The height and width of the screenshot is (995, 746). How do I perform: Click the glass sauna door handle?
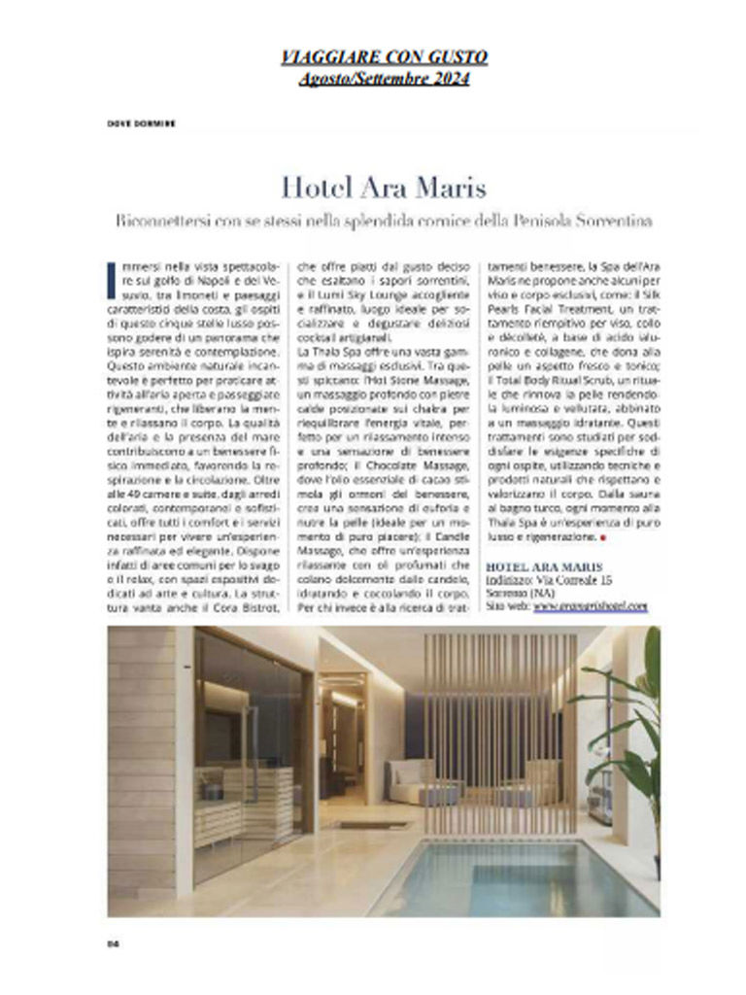click(254, 738)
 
